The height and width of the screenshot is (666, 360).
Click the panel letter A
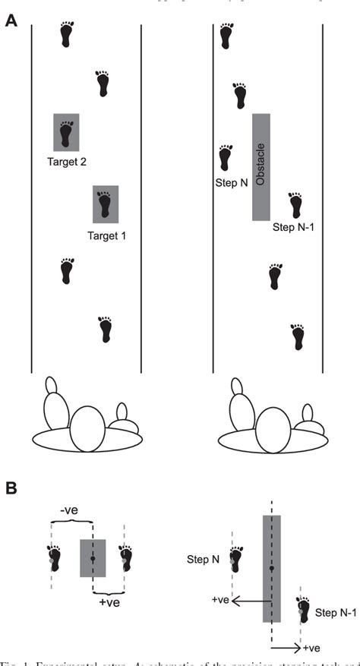pos(11,21)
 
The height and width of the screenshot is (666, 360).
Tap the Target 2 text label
pos(66,162)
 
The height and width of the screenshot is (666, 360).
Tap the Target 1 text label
pos(106,235)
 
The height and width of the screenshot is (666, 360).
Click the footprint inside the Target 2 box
pos(66,132)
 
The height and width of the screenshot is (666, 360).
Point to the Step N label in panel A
pos(223,183)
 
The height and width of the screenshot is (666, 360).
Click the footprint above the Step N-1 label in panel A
pos(296,206)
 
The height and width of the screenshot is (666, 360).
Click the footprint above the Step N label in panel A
pos(225,158)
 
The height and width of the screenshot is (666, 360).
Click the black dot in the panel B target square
pos(92,558)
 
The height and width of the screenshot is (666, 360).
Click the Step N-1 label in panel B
pos(334,612)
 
